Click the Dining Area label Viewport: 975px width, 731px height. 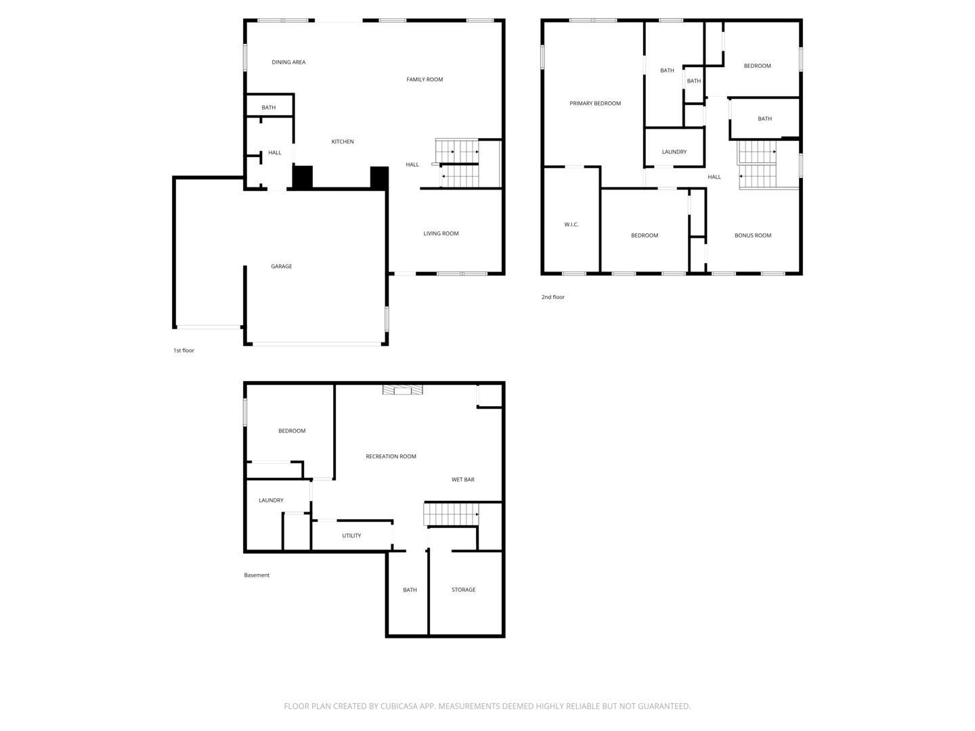point(288,62)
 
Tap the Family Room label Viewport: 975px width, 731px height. point(425,80)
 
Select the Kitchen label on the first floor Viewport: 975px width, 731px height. point(343,142)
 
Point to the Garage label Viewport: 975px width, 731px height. point(282,267)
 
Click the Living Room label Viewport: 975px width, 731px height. point(441,234)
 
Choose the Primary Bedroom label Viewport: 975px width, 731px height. point(595,104)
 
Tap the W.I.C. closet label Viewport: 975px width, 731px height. point(571,225)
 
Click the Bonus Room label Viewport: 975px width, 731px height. point(753,236)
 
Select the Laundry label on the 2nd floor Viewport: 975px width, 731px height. point(674,152)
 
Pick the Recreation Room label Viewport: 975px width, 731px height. point(391,457)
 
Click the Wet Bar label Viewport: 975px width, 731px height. point(463,480)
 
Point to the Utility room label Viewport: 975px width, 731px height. point(351,536)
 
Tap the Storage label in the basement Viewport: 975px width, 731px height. point(464,590)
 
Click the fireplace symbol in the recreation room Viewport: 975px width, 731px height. point(402,390)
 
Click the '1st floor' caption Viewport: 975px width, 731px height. point(183,351)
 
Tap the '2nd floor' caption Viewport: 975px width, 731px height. point(552,297)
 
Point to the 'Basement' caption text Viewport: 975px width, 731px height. point(257,575)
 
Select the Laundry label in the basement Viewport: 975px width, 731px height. point(271,501)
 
